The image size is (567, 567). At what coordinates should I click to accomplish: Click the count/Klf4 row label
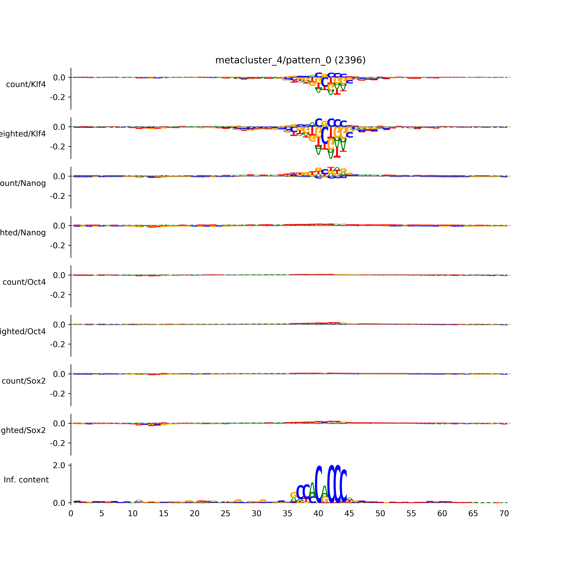pyautogui.click(x=26, y=84)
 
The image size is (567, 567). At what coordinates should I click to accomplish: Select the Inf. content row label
pyautogui.click(x=26, y=480)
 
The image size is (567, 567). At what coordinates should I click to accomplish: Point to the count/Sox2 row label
pyautogui.click(x=24, y=381)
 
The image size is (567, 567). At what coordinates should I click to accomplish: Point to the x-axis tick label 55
pyautogui.click(x=411, y=514)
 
